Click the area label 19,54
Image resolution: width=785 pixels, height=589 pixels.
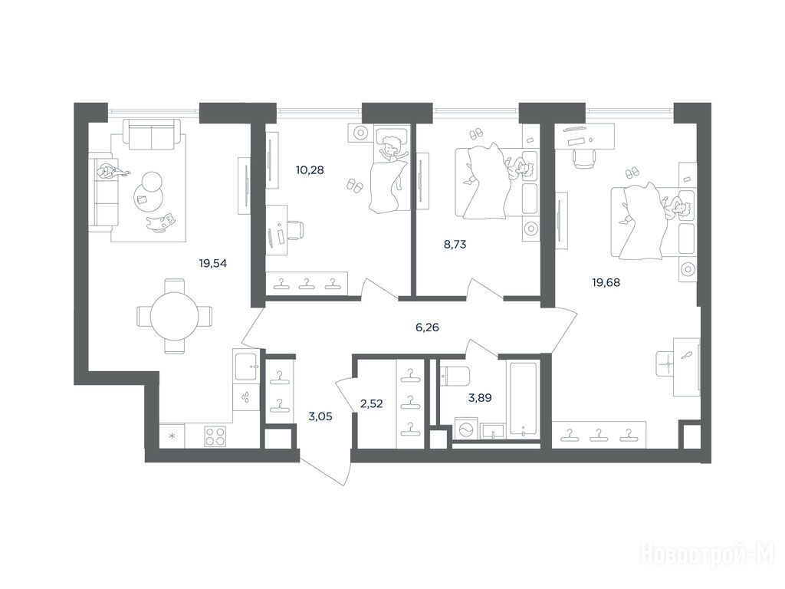pos(213,263)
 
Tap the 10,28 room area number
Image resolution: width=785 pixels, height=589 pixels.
pos(310,169)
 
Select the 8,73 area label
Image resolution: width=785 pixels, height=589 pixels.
pos(455,245)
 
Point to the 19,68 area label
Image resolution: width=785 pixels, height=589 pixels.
pos(606,282)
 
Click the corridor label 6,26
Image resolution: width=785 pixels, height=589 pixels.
pos(428,327)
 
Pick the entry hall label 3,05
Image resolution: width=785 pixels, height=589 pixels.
pos(320,416)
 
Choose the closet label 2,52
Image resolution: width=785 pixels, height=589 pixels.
pos(372,403)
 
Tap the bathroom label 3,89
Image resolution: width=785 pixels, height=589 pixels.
pos(480,398)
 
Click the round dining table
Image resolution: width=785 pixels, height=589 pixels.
pos(175,317)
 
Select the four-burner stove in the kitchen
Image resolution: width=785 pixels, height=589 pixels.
pos(215,436)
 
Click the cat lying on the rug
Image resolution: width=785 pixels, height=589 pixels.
pos(162,223)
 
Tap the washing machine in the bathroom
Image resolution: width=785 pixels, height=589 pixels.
pos(465,430)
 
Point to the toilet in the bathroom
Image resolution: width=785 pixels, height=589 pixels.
pos(454,376)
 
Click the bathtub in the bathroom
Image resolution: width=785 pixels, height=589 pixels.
pos(523,397)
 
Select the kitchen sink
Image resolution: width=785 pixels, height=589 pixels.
pos(246,368)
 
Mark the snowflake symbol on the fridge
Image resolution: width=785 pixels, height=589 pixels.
pos(172,436)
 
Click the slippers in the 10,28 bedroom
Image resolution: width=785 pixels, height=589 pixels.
pos(355,186)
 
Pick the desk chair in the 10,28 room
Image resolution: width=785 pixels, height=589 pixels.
pos(295,231)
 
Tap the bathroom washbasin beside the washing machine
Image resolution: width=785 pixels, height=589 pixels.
pos(494,431)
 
